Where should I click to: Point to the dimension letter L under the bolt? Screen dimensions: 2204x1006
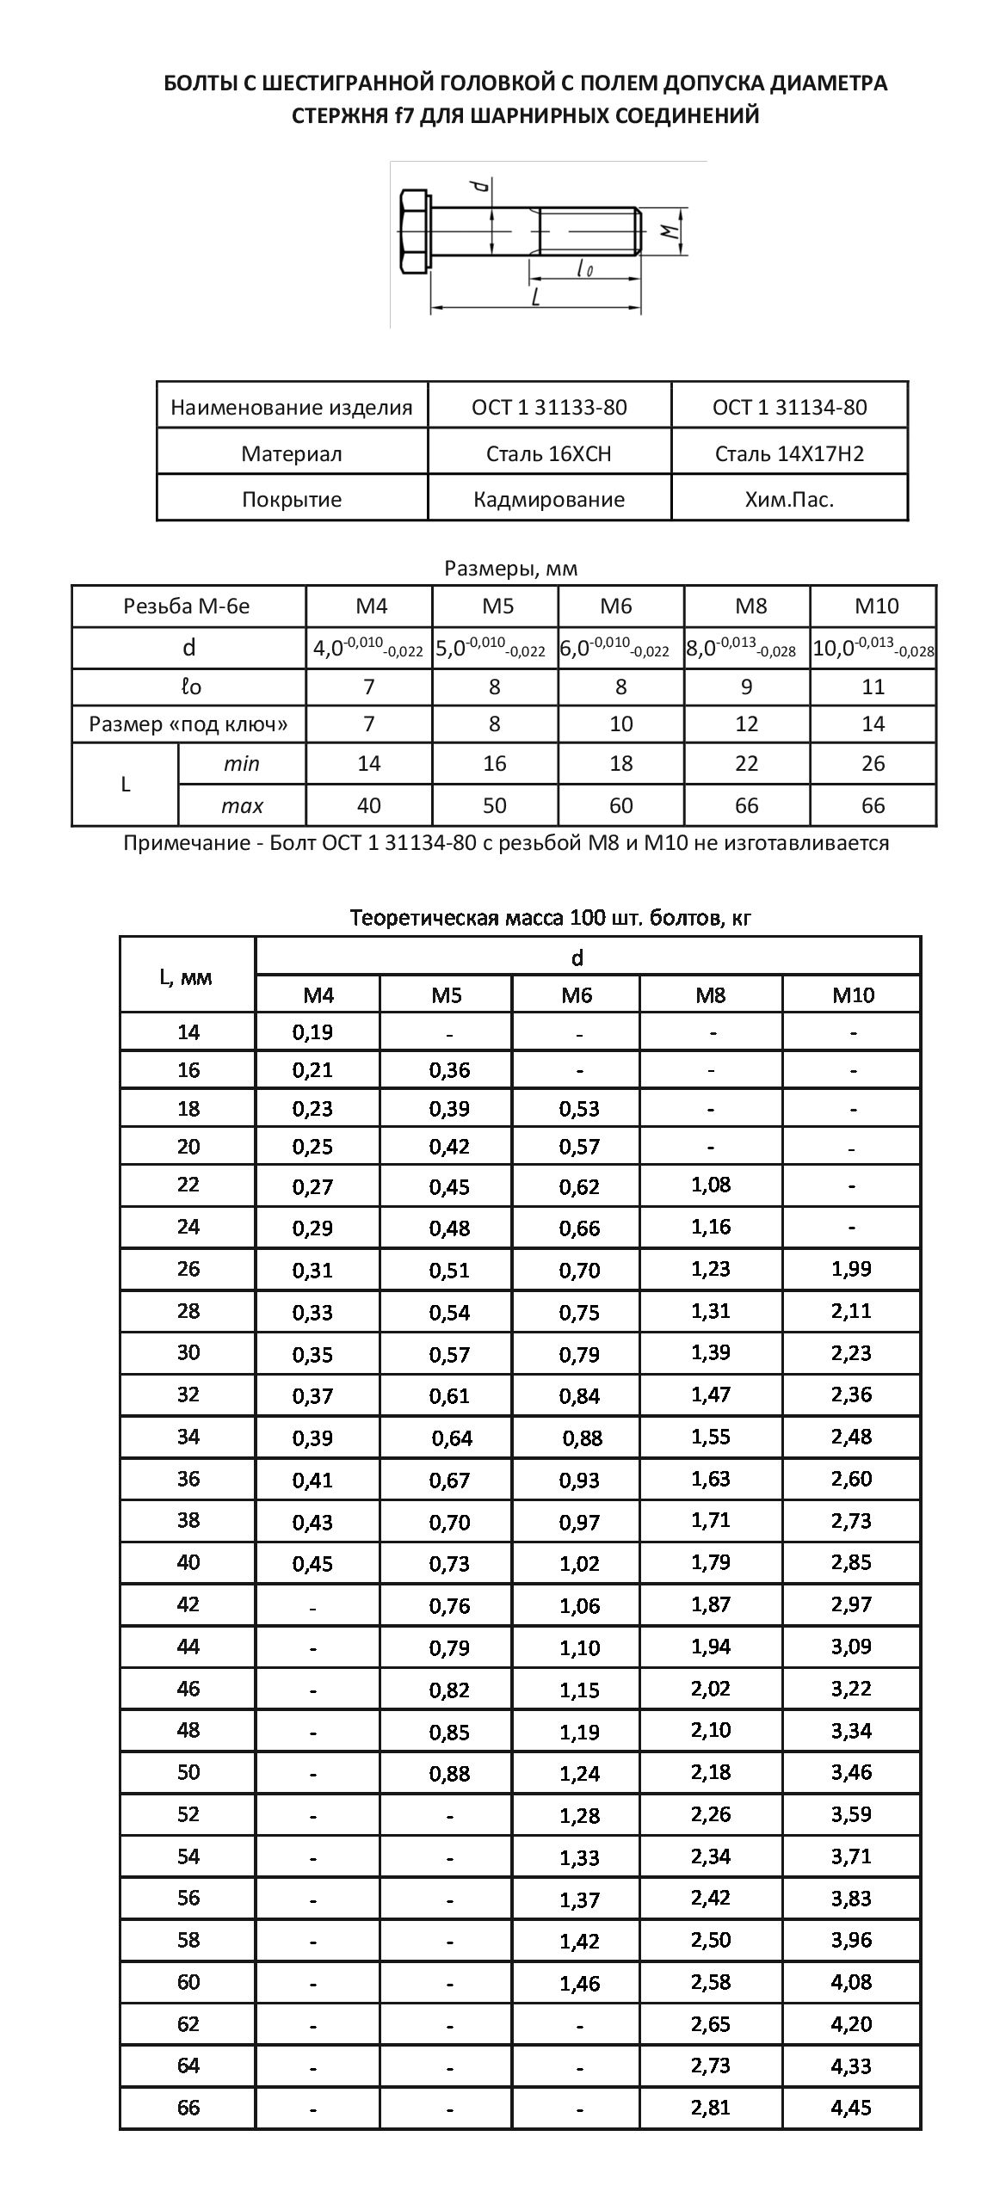535,297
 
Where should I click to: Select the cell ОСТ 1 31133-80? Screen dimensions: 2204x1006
549,407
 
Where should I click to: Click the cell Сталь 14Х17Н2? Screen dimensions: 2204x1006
789,453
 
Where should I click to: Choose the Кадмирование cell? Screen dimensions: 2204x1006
549,500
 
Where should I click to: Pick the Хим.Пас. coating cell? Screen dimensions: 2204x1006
789,500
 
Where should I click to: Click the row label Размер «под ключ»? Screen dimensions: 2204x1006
188,724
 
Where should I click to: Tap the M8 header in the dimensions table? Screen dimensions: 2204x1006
747,606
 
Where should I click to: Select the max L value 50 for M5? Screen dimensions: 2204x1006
495,806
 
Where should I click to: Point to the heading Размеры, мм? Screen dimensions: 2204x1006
511,569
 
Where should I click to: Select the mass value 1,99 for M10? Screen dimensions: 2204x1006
851,1269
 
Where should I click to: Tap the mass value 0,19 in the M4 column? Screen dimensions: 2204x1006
312,1032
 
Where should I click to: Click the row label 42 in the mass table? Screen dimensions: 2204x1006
188,1604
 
